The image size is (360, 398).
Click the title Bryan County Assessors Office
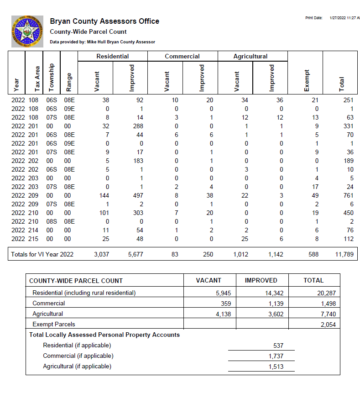pos(104,21)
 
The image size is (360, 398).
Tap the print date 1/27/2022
pos(344,18)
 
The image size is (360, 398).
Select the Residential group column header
pos(113,56)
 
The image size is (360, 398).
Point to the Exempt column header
pos(306,80)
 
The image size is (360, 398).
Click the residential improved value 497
pos(137,195)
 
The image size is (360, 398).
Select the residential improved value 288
pos(137,126)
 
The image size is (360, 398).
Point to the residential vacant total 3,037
pos(101,254)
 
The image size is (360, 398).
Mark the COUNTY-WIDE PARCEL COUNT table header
pos(76,281)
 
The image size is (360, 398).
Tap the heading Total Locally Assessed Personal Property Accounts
pos(104,335)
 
